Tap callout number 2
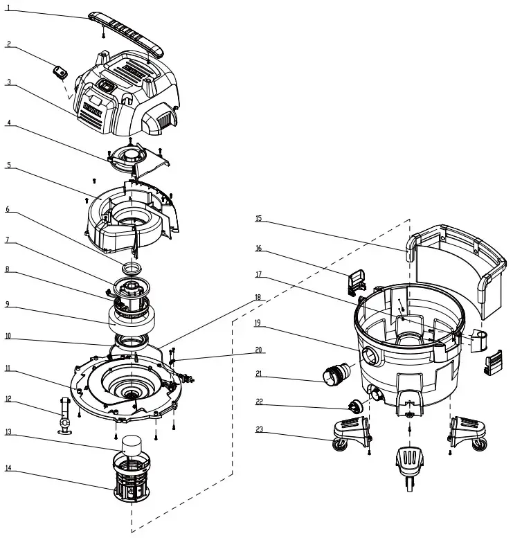[8, 44]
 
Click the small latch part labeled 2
[60, 71]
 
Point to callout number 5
[8, 165]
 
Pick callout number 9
[8, 303]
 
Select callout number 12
[8, 399]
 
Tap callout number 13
[8, 432]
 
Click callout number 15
[258, 219]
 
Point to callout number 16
[258, 248]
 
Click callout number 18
[258, 296]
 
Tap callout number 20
[258, 350]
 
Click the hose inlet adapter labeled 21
[336, 375]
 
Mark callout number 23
[258, 429]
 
